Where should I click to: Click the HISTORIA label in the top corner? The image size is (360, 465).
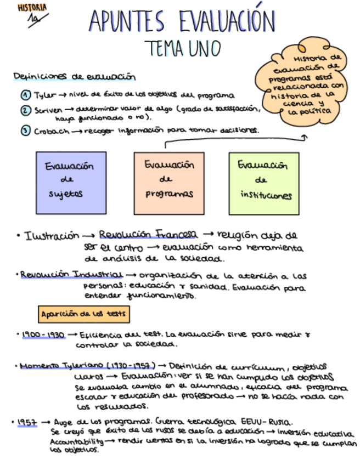coord(32,8)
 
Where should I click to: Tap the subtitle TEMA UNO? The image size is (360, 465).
coord(182,48)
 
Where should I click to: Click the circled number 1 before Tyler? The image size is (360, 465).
coord(25,94)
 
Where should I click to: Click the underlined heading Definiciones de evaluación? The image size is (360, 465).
coord(74,77)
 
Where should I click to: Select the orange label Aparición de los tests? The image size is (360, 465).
coord(84,314)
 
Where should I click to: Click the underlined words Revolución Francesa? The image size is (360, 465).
coord(148,235)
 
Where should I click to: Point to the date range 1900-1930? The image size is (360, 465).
coord(43,334)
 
